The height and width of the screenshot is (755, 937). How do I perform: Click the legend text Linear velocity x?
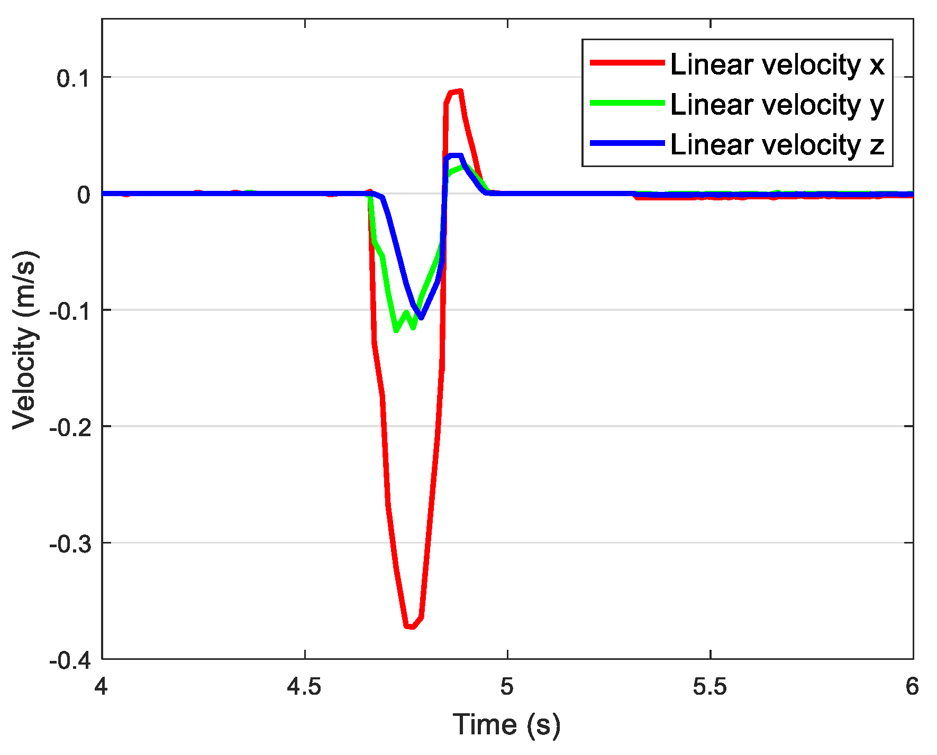coord(777,65)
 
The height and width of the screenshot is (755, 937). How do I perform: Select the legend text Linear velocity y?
coord(777,104)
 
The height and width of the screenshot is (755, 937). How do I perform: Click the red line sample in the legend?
coord(627,62)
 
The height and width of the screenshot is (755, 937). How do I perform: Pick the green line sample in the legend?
coord(627,103)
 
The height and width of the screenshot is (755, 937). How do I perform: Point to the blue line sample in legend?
coord(627,143)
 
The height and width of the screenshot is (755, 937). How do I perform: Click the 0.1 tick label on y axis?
coord(74,78)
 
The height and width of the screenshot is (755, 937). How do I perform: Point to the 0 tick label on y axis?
coord(84,195)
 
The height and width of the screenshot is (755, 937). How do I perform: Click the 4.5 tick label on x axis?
coord(305,687)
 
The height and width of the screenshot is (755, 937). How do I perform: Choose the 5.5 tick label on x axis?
coord(710,687)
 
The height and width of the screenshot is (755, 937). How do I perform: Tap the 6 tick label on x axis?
coord(912,687)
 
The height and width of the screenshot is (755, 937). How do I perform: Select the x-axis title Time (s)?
coord(506,725)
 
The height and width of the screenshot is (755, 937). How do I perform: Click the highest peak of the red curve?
coord(459,91)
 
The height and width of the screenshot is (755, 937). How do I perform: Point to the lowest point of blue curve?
coord(421,318)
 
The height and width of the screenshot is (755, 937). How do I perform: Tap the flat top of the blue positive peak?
coord(455,155)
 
